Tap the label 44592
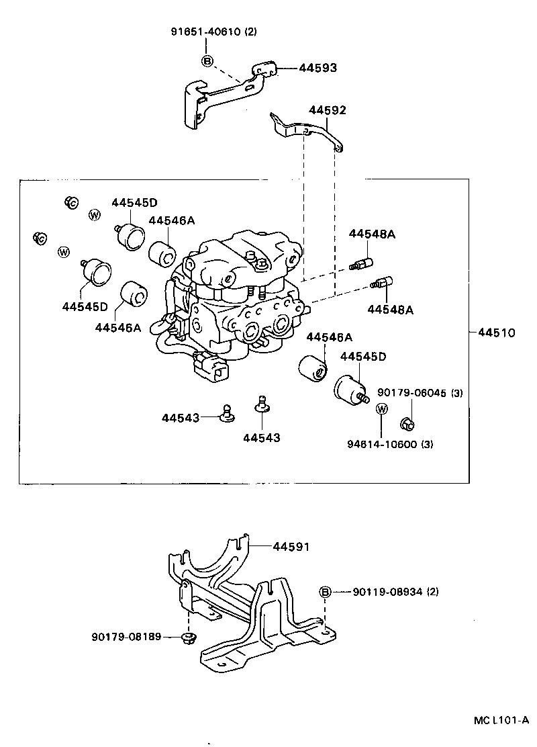(327, 110)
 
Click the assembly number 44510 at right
(496, 332)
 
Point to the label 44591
(291, 547)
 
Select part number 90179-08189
(126, 636)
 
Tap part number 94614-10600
(382, 444)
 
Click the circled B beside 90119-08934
(324, 592)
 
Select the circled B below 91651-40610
(207, 61)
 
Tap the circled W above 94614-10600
(381, 408)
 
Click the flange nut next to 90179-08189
(187, 637)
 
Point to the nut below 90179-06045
(407, 423)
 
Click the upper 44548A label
(372, 234)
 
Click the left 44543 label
(180, 417)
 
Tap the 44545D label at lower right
(362, 356)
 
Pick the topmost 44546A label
(171, 220)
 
